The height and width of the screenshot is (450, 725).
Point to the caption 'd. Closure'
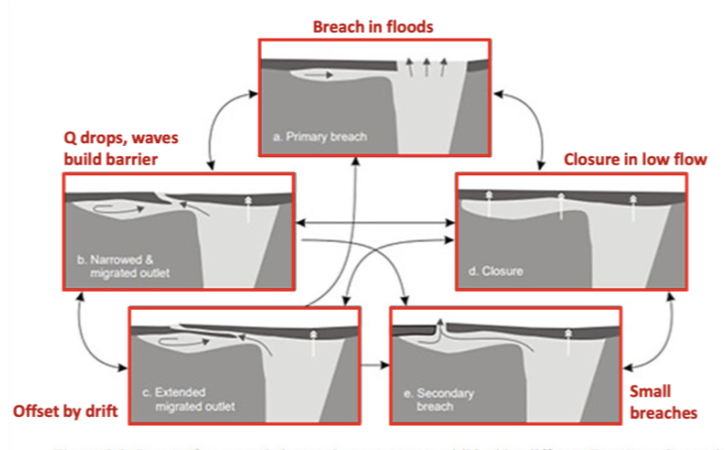click(x=495, y=271)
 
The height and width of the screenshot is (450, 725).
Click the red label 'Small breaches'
click(x=664, y=402)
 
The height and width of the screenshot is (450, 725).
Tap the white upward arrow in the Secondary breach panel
click(x=567, y=340)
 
